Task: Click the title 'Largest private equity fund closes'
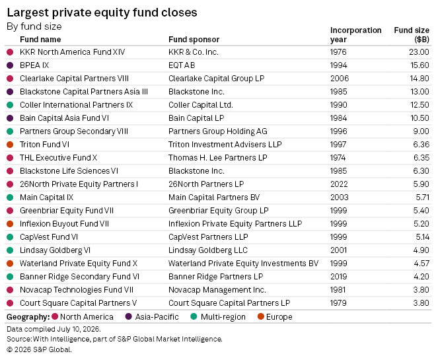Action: click(102, 13)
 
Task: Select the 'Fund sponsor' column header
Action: click(194, 40)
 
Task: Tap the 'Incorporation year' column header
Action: click(355, 35)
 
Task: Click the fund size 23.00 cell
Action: click(419, 52)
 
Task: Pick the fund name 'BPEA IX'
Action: click(34, 65)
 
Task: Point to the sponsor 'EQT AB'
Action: click(182, 65)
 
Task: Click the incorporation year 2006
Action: click(340, 79)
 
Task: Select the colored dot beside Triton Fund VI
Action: click(10, 145)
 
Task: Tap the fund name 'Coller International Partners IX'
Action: click(76, 105)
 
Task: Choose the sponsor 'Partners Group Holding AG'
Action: click(218, 131)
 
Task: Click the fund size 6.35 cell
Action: click(421, 158)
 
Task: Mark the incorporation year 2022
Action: click(339, 184)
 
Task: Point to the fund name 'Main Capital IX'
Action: click(46, 198)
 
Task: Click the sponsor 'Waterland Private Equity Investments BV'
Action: click(243, 264)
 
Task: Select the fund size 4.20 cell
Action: click(421, 277)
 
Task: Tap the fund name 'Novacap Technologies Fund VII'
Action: click(77, 290)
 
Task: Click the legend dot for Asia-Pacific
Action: click(128, 316)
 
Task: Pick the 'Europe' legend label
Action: click(279, 317)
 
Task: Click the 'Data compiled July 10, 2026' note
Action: click(54, 329)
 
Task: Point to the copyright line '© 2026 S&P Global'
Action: click(39, 349)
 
